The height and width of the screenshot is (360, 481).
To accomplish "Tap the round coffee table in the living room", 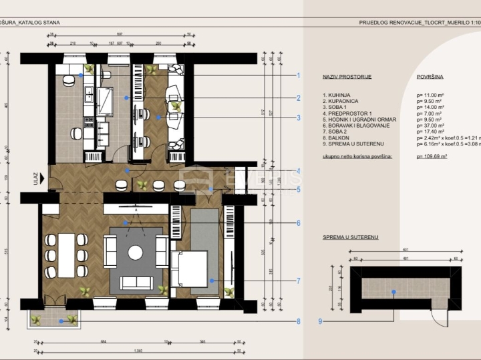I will tap(136, 252).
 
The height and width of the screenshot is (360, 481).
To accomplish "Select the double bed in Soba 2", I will tap(191, 268).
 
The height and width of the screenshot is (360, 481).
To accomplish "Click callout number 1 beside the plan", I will tap(299, 75).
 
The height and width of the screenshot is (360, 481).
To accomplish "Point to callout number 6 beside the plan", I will tap(299, 223).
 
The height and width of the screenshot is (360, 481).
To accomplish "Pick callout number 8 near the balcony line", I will tap(299, 321).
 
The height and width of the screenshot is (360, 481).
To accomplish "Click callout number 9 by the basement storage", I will tap(321, 321).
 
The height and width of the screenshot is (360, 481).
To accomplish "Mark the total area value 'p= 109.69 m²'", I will tap(432, 156).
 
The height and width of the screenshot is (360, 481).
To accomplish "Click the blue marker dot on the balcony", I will tap(61, 321).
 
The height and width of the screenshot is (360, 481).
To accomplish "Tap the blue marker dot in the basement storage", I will tap(394, 292).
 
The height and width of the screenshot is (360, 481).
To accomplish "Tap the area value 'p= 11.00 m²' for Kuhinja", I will tap(430, 96).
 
